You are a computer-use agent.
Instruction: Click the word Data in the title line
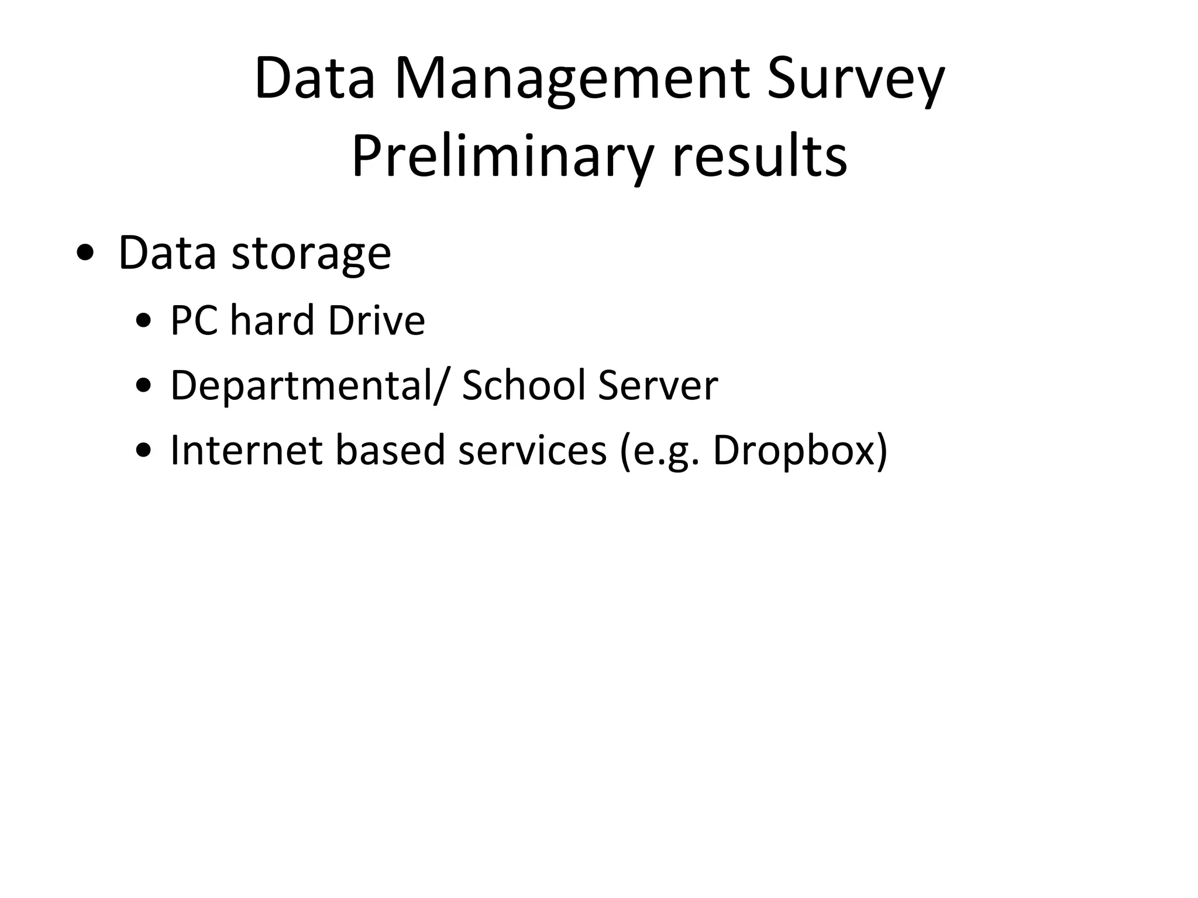(x=315, y=79)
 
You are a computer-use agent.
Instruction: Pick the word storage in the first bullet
(x=311, y=254)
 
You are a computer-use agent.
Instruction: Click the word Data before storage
(x=167, y=253)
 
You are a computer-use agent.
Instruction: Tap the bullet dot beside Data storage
(x=85, y=254)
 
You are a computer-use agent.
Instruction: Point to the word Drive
(x=376, y=320)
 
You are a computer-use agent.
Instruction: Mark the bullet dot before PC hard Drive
(x=143, y=322)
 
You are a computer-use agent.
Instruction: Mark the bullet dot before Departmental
(x=143, y=386)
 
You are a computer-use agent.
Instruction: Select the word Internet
(x=246, y=450)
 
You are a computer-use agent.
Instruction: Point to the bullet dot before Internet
(x=143, y=451)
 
